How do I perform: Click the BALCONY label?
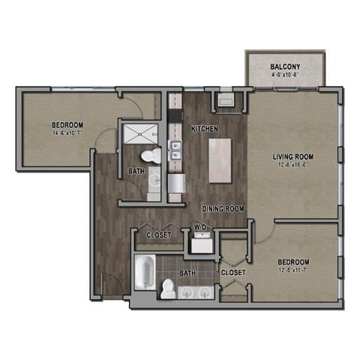(x=285, y=67)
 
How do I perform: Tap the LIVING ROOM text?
(x=292, y=157)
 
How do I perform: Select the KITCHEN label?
(x=204, y=129)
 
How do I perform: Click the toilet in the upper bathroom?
(x=152, y=156)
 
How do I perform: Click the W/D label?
(x=200, y=226)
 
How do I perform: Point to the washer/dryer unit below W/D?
(x=200, y=242)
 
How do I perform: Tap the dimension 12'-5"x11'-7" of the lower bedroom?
(x=292, y=270)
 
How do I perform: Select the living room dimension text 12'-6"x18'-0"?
(x=292, y=166)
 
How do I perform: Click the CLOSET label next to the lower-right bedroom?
(x=231, y=273)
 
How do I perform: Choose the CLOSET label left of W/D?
(x=159, y=235)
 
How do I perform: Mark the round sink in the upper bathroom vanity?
(x=153, y=181)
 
